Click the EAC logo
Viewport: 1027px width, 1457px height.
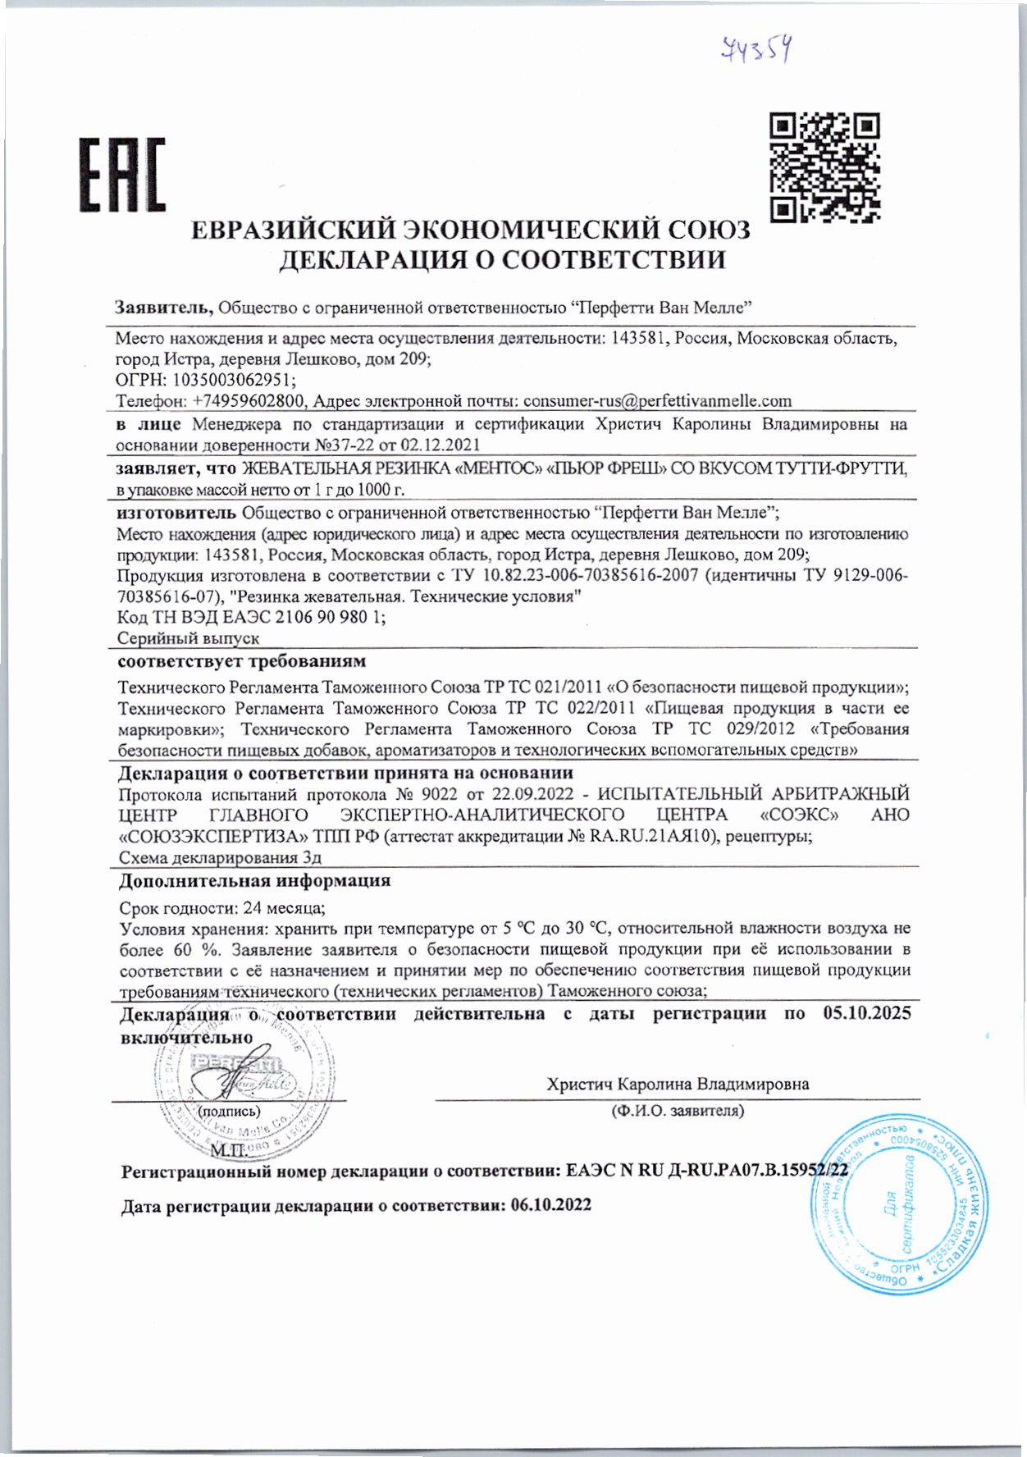click(122, 175)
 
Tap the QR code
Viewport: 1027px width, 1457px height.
click(824, 168)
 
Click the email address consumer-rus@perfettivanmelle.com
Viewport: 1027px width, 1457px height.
click(657, 401)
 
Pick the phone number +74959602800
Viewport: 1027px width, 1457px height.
click(249, 401)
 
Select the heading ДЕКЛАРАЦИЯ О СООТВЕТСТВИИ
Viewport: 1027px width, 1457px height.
click(502, 260)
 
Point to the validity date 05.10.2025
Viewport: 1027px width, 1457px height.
click(866, 1013)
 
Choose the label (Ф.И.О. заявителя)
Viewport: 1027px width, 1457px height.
click(677, 1111)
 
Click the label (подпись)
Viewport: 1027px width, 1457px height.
click(229, 1112)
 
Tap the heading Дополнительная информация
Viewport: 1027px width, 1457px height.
click(254, 881)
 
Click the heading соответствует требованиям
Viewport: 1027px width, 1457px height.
click(242, 661)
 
